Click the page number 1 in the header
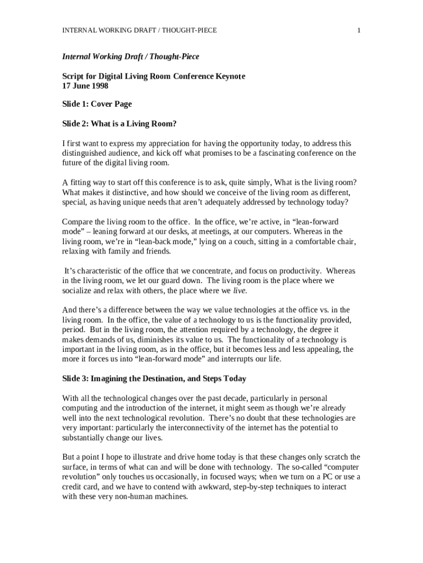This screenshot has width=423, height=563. tap(359, 30)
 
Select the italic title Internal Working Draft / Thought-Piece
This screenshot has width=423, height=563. tap(130, 57)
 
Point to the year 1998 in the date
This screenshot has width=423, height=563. tap(99, 86)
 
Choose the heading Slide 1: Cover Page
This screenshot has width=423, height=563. tap(97, 104)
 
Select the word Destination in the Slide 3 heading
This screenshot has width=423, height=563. tap(148, 378)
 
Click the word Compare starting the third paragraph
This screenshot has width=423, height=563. tap(79, 222)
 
